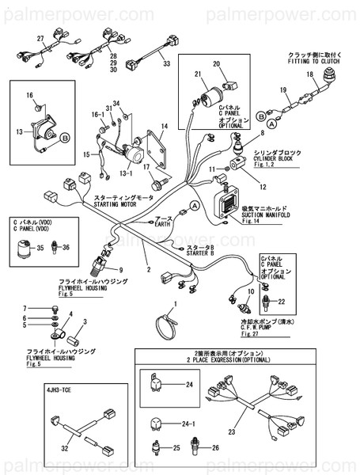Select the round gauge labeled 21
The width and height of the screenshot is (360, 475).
pos(207,99)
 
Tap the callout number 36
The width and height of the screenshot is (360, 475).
pos(66,247)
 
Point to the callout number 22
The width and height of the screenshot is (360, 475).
pos(282,301)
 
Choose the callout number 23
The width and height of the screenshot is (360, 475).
pos(232,431)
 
